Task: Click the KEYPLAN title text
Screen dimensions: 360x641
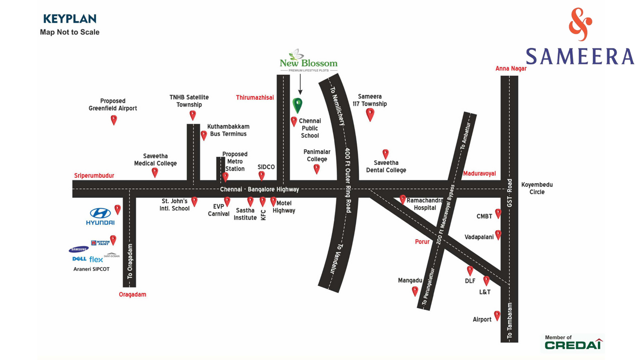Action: point(70,19)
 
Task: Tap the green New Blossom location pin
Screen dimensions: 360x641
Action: point(297,105)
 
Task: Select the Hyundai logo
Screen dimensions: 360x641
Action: point(100,216)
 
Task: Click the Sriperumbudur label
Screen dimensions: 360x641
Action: point(94,176)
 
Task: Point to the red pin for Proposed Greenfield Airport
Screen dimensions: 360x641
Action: point(114,120)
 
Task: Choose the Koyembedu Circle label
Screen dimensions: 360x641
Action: point(537,188)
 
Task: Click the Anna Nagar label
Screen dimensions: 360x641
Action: point(511,68)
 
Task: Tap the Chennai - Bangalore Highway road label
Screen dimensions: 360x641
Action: point(259,189)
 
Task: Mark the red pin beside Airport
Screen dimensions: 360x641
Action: point(497,316)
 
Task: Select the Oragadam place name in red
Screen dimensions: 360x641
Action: point(132,294)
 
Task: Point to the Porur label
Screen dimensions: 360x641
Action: point(422,242)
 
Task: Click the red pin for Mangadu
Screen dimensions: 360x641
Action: point(415,291)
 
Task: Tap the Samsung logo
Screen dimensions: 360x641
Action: point(79,249)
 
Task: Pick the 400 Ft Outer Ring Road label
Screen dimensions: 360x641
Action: point(348,180)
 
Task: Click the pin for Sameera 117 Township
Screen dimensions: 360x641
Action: point(370,114)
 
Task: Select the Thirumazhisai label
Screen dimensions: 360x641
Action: point(255,97)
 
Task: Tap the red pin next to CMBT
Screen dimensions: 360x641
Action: point(498,213)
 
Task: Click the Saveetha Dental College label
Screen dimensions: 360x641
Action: point(386,167)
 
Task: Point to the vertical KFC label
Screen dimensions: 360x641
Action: point(263,215)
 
